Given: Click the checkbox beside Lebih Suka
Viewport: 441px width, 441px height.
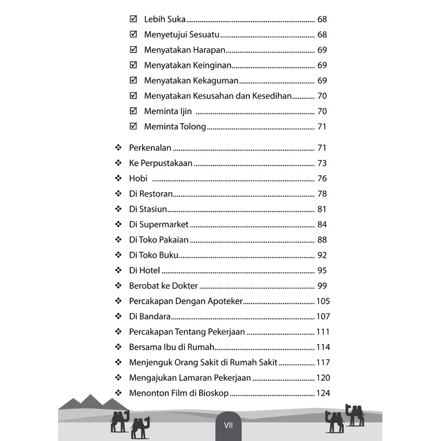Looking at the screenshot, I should click(133, 20).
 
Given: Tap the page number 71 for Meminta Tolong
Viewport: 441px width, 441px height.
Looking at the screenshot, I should click(322, 127).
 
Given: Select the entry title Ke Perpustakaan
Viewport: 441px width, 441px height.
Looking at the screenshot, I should click(161, 163).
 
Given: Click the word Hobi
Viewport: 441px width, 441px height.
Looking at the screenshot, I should click(138, 178).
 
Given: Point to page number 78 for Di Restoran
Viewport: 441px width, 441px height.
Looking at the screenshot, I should click(322, 194).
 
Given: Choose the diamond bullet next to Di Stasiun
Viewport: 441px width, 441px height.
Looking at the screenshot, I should click(118, 209).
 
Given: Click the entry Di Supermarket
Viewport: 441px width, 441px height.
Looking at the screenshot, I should click(158, 225).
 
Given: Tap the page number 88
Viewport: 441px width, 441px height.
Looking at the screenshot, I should click(322, 240).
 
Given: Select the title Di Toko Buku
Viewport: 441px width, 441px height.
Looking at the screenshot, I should click(154, 255).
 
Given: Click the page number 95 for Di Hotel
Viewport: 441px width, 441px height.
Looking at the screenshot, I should click(322, 271).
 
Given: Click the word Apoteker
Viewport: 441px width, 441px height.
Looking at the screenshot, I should click(224, 301).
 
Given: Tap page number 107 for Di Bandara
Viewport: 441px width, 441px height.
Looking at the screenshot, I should click(323, 316).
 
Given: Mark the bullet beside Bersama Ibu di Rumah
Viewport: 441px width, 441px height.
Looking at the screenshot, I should click(118, 347).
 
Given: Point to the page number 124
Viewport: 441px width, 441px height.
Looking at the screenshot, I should click(323, 393).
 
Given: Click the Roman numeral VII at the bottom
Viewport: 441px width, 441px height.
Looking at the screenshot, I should click(228, 426).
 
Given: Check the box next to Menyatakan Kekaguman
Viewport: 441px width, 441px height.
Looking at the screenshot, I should click(133, 81).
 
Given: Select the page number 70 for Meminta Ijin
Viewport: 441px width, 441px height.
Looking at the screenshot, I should click(322, 112).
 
